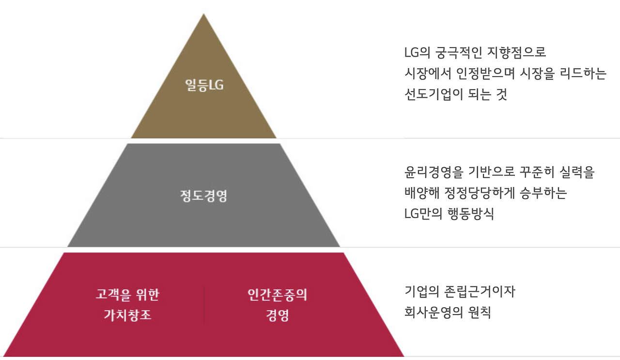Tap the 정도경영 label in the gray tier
click(x=203, y=196)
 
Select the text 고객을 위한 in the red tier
click(x=127, y=295)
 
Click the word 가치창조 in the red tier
click(x=127, y=315)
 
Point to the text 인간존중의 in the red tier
click(x=277, y=295)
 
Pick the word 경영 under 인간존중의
click(x=277, y=315)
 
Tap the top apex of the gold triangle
click(x=204, y=15)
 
